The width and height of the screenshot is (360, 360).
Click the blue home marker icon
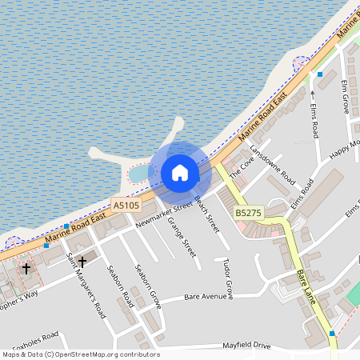click(x=179, y=172)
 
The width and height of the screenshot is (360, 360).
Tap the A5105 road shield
click(x=126, y=206)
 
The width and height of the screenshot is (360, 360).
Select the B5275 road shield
click(x=248, y=213)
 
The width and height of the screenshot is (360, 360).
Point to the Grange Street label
click(x=183, y=238)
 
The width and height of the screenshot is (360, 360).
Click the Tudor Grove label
click(x=227, y=278)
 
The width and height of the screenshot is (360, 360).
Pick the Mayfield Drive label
click(x=247, y=346)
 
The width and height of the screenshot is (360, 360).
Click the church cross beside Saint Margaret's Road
click(x=82, y=262)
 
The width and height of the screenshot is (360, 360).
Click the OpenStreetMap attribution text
click(x=81, y=354)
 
